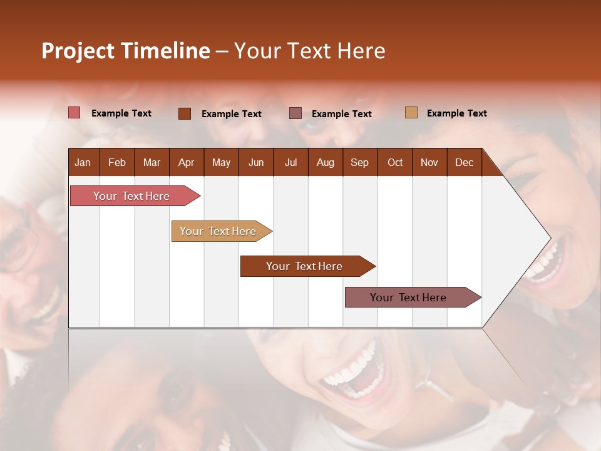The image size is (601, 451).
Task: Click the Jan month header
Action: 83,162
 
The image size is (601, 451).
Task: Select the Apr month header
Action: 187,162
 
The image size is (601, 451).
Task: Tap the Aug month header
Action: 326,162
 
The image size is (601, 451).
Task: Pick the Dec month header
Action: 464,162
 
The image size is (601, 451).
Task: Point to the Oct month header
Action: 395,162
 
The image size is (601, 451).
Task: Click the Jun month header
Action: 256,162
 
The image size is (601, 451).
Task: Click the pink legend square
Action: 74,113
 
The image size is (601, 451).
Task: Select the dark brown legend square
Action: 185,113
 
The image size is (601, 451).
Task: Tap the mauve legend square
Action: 295,113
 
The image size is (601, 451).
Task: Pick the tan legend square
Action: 411,113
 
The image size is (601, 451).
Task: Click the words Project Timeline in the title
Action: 125,51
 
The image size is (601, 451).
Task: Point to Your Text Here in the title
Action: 310,51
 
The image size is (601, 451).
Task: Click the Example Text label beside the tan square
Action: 456,113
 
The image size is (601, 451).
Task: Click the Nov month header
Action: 429,162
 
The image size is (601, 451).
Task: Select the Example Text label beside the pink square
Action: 121,113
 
